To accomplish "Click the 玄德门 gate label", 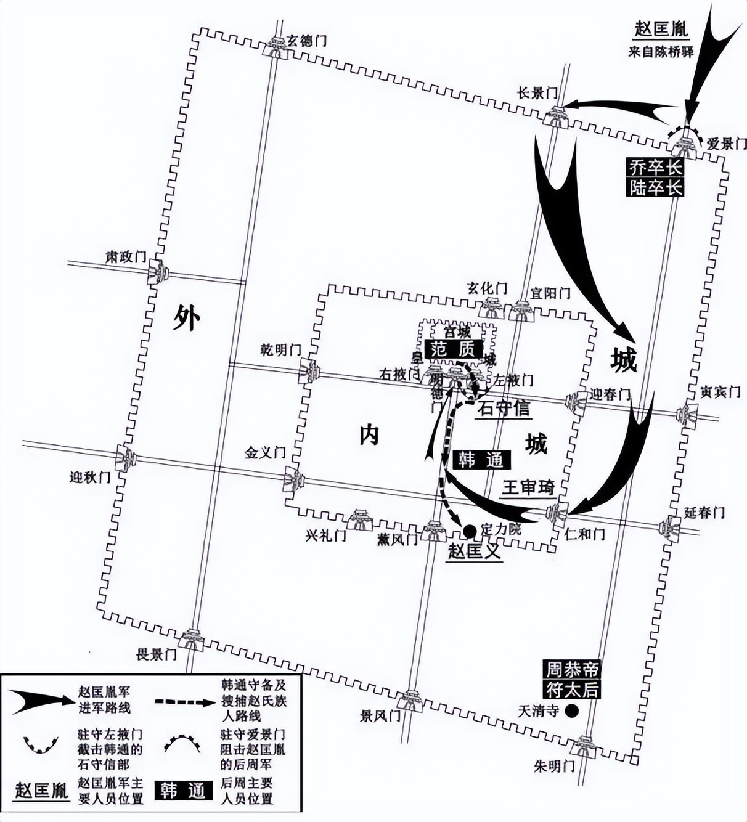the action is click(306, 41).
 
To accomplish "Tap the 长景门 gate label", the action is click(537, 93).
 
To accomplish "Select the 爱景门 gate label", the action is click(727, 144).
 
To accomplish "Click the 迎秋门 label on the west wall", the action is click(90, 477).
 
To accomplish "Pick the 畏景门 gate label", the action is click(156, 654).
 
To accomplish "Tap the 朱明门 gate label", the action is click(554, 766).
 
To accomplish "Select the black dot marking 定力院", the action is click(468, 529).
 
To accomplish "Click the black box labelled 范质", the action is click(453, 349).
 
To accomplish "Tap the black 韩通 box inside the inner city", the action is click(481, 460).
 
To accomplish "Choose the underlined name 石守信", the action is click(504, 408).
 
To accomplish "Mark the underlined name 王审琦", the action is click(528, 487).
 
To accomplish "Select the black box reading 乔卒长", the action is click(655, 167).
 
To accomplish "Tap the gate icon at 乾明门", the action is click(309, 371).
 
